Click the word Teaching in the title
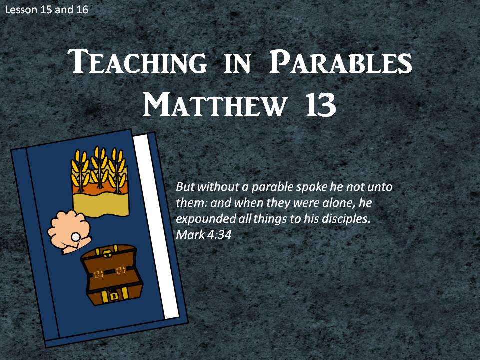pos(137,62)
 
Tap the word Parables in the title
pos(340,62)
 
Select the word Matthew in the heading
pos(214,104)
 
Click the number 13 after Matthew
pos(320,104)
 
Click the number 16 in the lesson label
pos(82,10)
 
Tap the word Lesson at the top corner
pos(21,10)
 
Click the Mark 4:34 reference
pos(204,235)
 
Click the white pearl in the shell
pos(75,236)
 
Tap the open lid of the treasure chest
pos(108,259)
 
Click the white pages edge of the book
pos(156,226)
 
